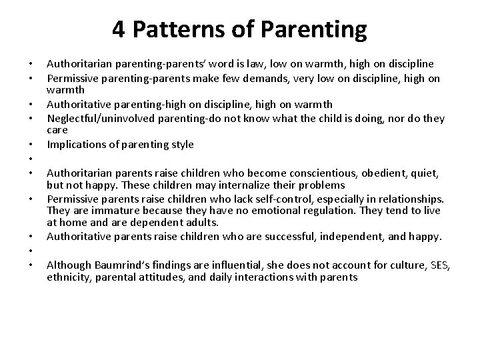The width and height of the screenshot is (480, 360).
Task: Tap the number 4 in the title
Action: (118, 29)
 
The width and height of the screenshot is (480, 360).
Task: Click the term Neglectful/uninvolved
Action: (98, 119)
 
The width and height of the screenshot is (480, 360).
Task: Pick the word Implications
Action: (74, 144)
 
